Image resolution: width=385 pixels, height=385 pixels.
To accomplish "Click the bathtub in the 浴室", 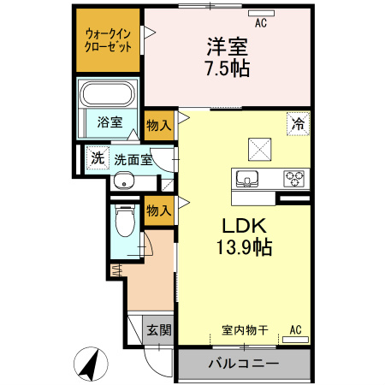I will point(108,94).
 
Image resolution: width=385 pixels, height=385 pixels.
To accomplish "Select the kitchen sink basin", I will point(248,179).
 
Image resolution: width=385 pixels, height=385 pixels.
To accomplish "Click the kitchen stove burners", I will point(295,179).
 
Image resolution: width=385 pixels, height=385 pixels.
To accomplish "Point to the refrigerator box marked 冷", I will point(299,123).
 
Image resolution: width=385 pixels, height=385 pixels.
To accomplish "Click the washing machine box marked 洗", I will point(98,157).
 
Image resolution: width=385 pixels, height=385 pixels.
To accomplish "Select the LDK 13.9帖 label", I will point(247,237).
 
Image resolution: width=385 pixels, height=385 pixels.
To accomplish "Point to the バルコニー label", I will point(243,364).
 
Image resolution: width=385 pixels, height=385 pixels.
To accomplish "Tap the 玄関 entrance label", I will point(157,330).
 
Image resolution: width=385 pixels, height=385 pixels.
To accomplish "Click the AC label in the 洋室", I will point(260,23).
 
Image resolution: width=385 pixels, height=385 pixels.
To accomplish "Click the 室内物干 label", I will point(244,329).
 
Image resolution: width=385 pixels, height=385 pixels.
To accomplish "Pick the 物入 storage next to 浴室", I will point(159,125).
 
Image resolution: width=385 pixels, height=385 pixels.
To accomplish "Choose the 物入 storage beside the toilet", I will point(159,208).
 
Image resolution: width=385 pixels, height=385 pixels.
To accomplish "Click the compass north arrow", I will point(89,365).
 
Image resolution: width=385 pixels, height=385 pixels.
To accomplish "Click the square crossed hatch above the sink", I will point(258,147).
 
